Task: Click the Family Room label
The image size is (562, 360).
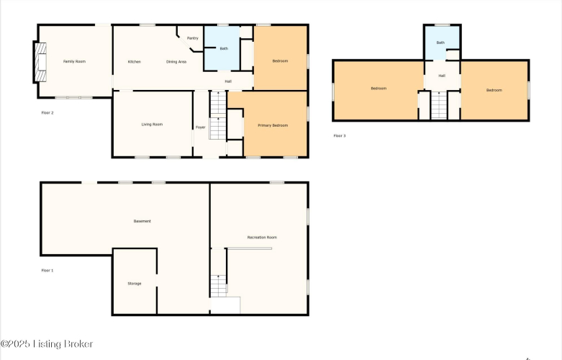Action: [74, 61]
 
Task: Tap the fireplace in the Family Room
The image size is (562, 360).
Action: [40, 62]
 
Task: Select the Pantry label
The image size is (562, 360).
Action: [192, 38]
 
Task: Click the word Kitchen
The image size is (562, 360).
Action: [135, 62]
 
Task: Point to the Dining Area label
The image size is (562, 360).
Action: [176, 62]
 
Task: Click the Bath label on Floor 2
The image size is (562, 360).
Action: [224, 48]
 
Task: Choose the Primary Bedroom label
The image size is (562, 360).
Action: [273, 125]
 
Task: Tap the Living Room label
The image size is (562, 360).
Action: [152, 125]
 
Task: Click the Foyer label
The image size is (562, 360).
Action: [201, 127]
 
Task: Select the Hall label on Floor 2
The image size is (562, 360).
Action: [228, 81]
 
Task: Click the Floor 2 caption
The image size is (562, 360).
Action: [47, 112]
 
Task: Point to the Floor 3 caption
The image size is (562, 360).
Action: [340, 135]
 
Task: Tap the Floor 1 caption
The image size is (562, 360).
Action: [47, 270]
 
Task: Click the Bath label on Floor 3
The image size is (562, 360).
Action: [440, 42]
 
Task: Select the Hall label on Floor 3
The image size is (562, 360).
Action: [442, 76]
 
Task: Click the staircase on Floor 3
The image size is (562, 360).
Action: [439, 105]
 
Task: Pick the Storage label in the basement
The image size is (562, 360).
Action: [135, 283]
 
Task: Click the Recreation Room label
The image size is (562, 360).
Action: [262, 238]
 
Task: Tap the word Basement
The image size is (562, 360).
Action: [142, 221]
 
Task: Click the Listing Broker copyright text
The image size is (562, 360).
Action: [47, 344]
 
